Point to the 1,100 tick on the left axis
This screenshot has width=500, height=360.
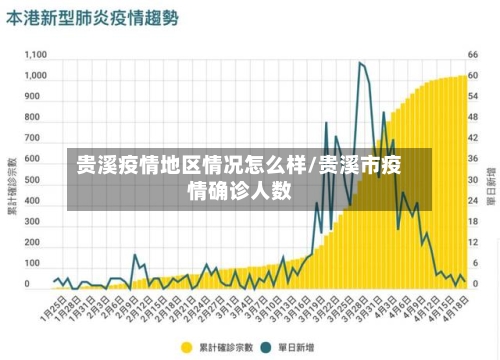pyautogui.click(x=36, y=55)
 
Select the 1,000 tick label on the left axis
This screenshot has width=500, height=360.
pyautogui.click(x=36, y=75)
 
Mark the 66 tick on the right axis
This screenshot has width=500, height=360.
pyautogui.click(x=476, y=55)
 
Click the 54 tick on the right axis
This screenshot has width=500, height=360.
pyautogui.click(x=476, y=97)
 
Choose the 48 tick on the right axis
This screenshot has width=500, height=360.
pyautogui.click(x=476, y=117)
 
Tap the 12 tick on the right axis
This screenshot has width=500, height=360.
pyautogui.click(x=476, y=242)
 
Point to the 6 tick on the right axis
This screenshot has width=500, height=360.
pyautogui.click(x=476, y=263)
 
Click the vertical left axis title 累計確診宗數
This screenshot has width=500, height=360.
pyautogui.click(x=11, y=186)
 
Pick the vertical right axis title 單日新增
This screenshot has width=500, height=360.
pyautogui.click(x=491, y=186)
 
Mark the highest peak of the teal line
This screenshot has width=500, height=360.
pyautogui.click(x=361, y=64)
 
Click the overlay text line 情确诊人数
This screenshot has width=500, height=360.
pyautogui.click(x=240, y=189)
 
